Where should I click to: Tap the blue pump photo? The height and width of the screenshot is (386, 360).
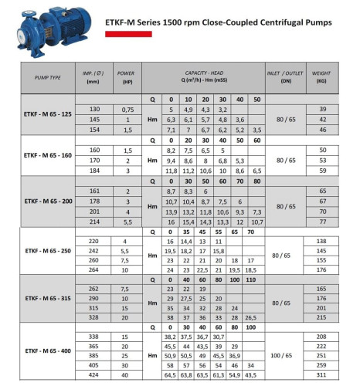pyautogui.click(x=47, y=29)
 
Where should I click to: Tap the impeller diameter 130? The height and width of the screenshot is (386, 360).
pyautogui.click(x=94, y=110)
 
